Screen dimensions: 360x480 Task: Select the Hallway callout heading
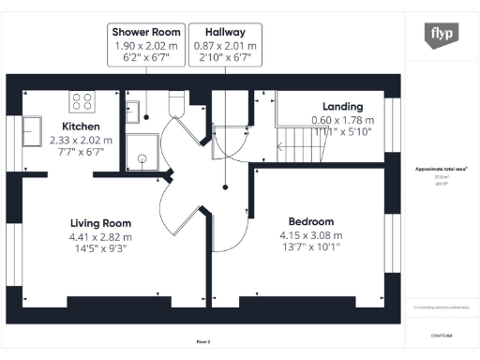tap(224, 31)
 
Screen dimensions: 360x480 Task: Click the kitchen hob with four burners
tap(82, 101)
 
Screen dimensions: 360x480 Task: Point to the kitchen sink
tap(35, 125)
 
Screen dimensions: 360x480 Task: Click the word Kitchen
tap(81, 127)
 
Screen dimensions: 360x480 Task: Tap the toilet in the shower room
tap(177, 101)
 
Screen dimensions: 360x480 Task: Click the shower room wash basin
tap(133, 111)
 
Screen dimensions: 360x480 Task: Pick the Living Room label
tap(100, 223)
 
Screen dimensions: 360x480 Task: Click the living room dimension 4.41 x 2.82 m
tap(100, 237)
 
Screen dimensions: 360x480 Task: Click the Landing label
tap(342, 106)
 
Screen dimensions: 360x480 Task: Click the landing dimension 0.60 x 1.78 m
tap(342, 120)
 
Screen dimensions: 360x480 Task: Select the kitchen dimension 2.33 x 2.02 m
tap(81, 141)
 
